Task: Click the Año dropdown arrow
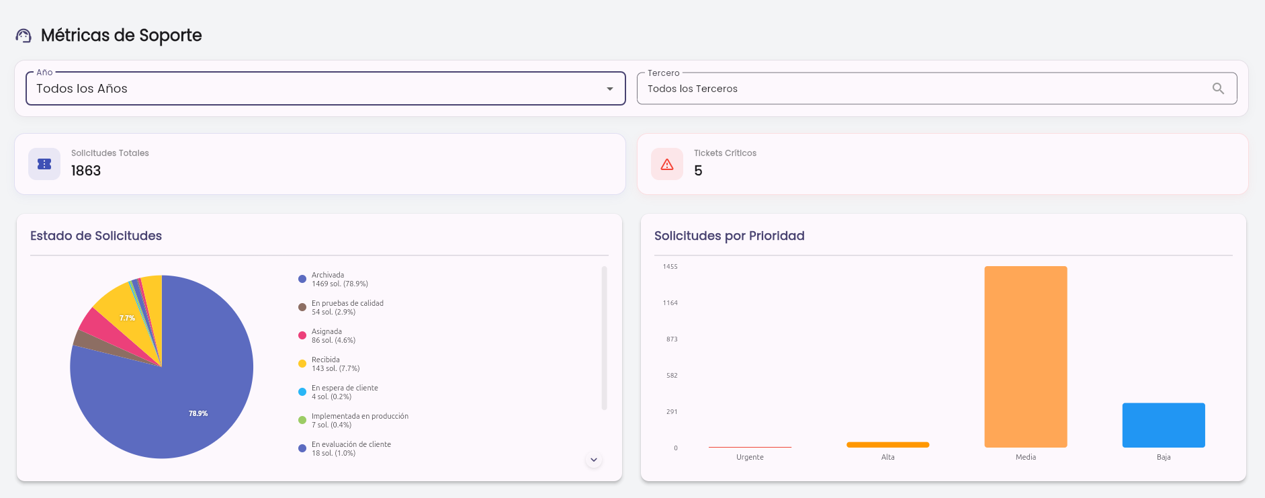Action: pyautogui.click(x=610, y=89)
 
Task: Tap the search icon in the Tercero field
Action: pyautogui.click(x=1218, y=89)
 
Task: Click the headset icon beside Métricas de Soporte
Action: pyautogui.click(x=24, y=36)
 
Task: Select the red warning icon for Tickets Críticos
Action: pyautogui.click(x=667, y=165)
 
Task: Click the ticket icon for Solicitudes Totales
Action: pyautogui.click(x=44, y=164)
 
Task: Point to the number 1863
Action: pyautogui.click(x=86, y=171)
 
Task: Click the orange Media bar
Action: pyautogui.click(x=1026, y=357)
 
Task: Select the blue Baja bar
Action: pyautogui.click(x=1164, y=425)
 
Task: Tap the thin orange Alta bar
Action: pyautogui.click(x=888, y=445)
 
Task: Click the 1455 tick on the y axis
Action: pyautogui.click(x=670, y=267)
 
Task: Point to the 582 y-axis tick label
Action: pyautogui.click(x=672, y=376)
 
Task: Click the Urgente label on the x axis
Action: pyautogui.click(x=750, y=457)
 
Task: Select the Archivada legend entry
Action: pyautogui.click(x=333, y=280)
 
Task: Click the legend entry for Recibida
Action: pyautogui.click(x=329, y=364)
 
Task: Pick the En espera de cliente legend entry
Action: pyautogui.click(x=338, y=392)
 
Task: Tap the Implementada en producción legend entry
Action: pyautogui.click(x=353, y=421)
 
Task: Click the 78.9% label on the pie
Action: pyautogui.click(x=198, y=414)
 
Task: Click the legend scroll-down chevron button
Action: pyautogui.click(x=594, y=460)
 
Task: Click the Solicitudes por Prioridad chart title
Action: pyautogui.click(x=730, y=236)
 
